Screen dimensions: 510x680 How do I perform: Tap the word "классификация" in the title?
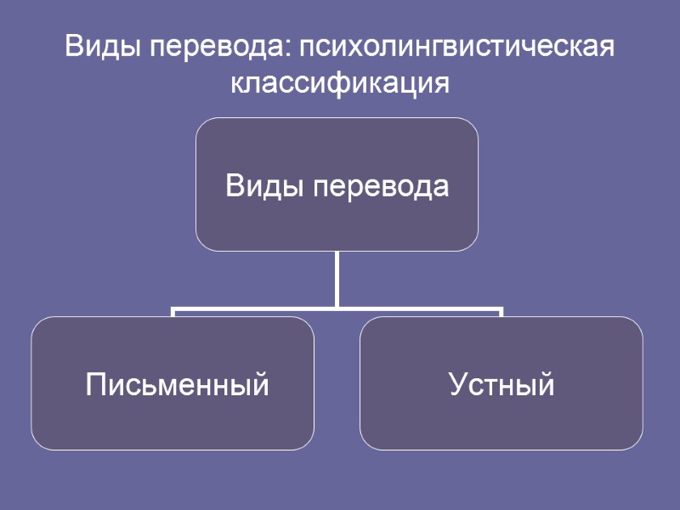[340, 83]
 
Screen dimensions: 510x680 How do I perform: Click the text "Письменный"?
[178, 385]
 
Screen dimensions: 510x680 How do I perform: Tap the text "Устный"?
[501, 385]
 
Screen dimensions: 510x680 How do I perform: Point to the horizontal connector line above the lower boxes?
[255, 308]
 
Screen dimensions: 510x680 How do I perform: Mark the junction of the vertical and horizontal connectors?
[337, 307]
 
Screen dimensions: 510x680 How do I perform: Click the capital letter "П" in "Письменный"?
[95, 385]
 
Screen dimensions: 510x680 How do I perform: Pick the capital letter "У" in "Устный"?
[456, 385]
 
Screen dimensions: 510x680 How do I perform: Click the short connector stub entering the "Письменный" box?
[173, 312]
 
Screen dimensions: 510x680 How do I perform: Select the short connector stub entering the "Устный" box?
[501, 312]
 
